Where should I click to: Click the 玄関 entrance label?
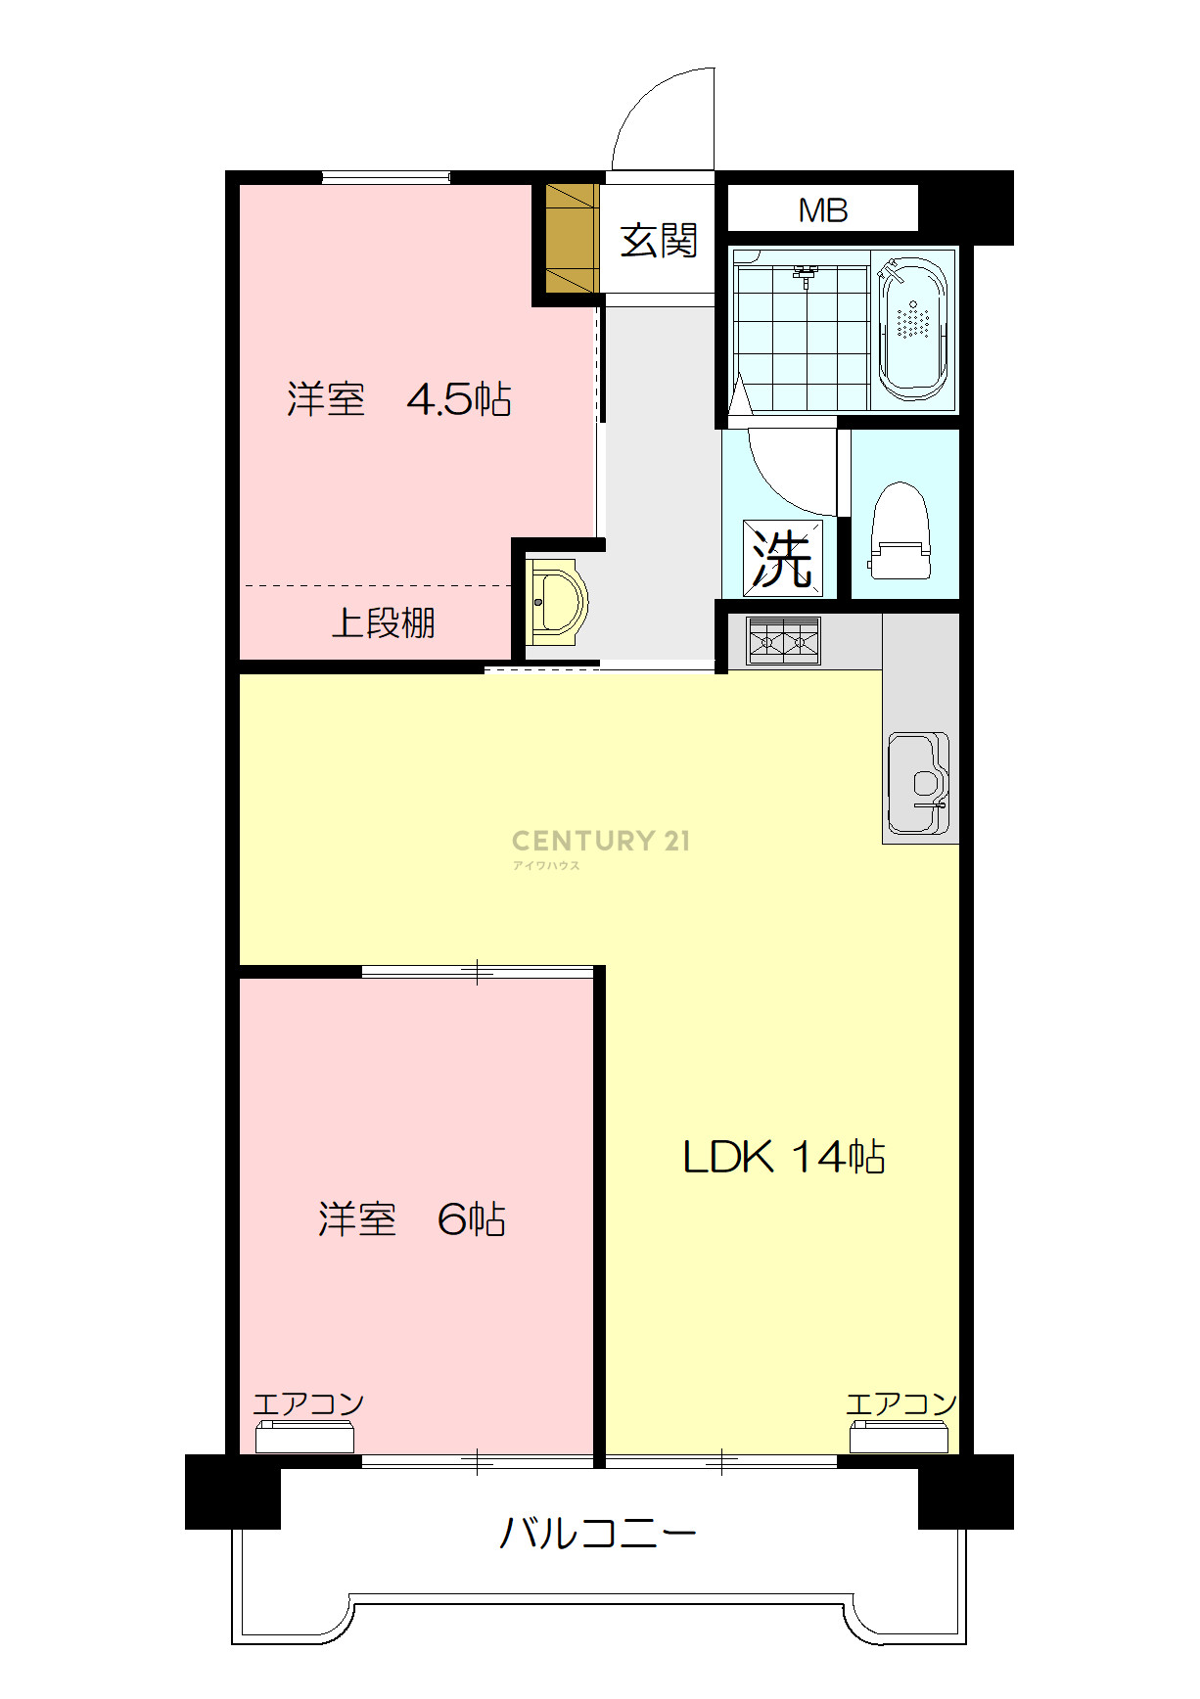(659, 240)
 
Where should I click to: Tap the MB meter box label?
(823, 209)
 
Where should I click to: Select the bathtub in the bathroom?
(913, 328)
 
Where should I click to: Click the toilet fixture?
(900, 530)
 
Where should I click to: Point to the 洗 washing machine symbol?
(782, 558)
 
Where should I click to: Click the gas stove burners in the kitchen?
(784, 641)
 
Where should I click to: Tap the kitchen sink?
(918, 783)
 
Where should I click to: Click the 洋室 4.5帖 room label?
(399, 399)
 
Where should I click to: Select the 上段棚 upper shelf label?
(383, 622)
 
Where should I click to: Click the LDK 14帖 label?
(784, 1157)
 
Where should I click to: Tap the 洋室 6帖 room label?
(412, 1219)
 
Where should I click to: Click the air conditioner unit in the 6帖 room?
(304, 1438)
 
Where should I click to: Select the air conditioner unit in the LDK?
(899, 1438)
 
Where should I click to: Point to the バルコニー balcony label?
(598, 1533)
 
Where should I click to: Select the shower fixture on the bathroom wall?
(806, 274)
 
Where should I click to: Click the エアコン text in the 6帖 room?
(308, 1404)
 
